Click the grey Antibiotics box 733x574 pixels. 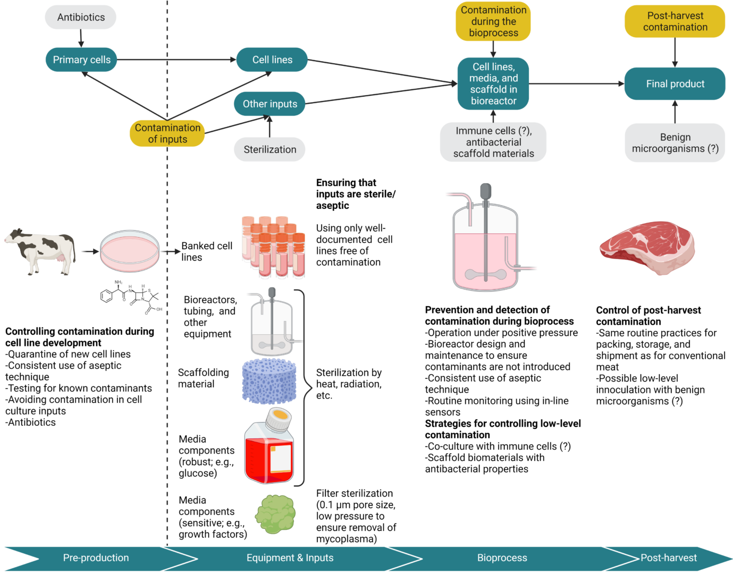click(x=81, y=17)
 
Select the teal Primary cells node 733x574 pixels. click(x=81, y=60)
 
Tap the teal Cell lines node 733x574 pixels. click(x=272, y=60)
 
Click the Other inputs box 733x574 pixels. click(x=269, y=104)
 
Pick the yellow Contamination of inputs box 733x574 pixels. click(x=167, y=133)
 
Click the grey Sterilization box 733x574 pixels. click(x=269, y=149)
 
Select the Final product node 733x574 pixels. click(x=675, y=83)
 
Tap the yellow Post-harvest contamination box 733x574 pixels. click(x=675, y=21)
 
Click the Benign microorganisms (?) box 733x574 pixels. click(x=675, y=143)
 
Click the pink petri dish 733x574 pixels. click(x=130, y=250)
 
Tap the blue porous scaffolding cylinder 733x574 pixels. click(x=269, y=381)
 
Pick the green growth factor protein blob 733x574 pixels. click(x=275, y=514)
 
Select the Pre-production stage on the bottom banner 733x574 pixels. click(x=96, y=558)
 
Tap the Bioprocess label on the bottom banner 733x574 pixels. click(x=502, y=558)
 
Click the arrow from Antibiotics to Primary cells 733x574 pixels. click(x=81, y=38)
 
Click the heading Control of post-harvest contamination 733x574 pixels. click(x=648, y=316)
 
